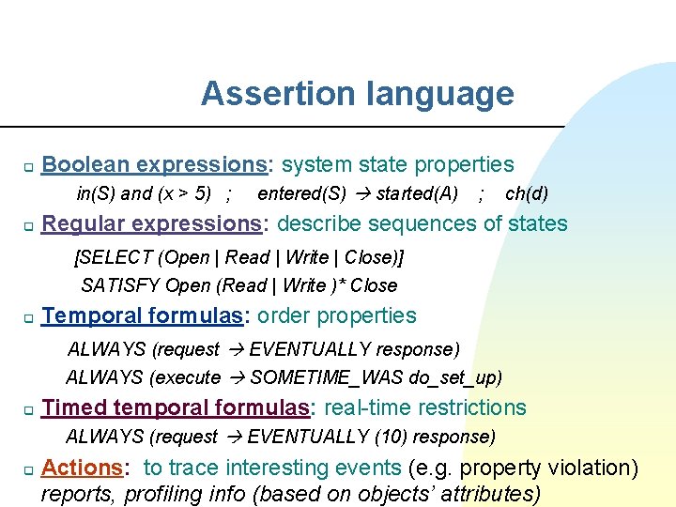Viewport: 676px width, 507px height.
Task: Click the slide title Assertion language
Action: pos(357,94)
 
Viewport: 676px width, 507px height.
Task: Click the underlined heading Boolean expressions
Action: pos(155,165)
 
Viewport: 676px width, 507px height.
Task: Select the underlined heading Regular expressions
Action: pos(155,223)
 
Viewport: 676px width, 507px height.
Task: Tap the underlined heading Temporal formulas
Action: pos(142,315)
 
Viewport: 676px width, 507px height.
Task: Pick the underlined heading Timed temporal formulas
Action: pos(176,407)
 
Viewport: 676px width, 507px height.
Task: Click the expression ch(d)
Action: pos(527,194)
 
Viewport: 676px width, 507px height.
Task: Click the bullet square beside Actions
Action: pos(28,469)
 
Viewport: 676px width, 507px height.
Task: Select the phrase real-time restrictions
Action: pos(424,407)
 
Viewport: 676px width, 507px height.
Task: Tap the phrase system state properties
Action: pos(397,165)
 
